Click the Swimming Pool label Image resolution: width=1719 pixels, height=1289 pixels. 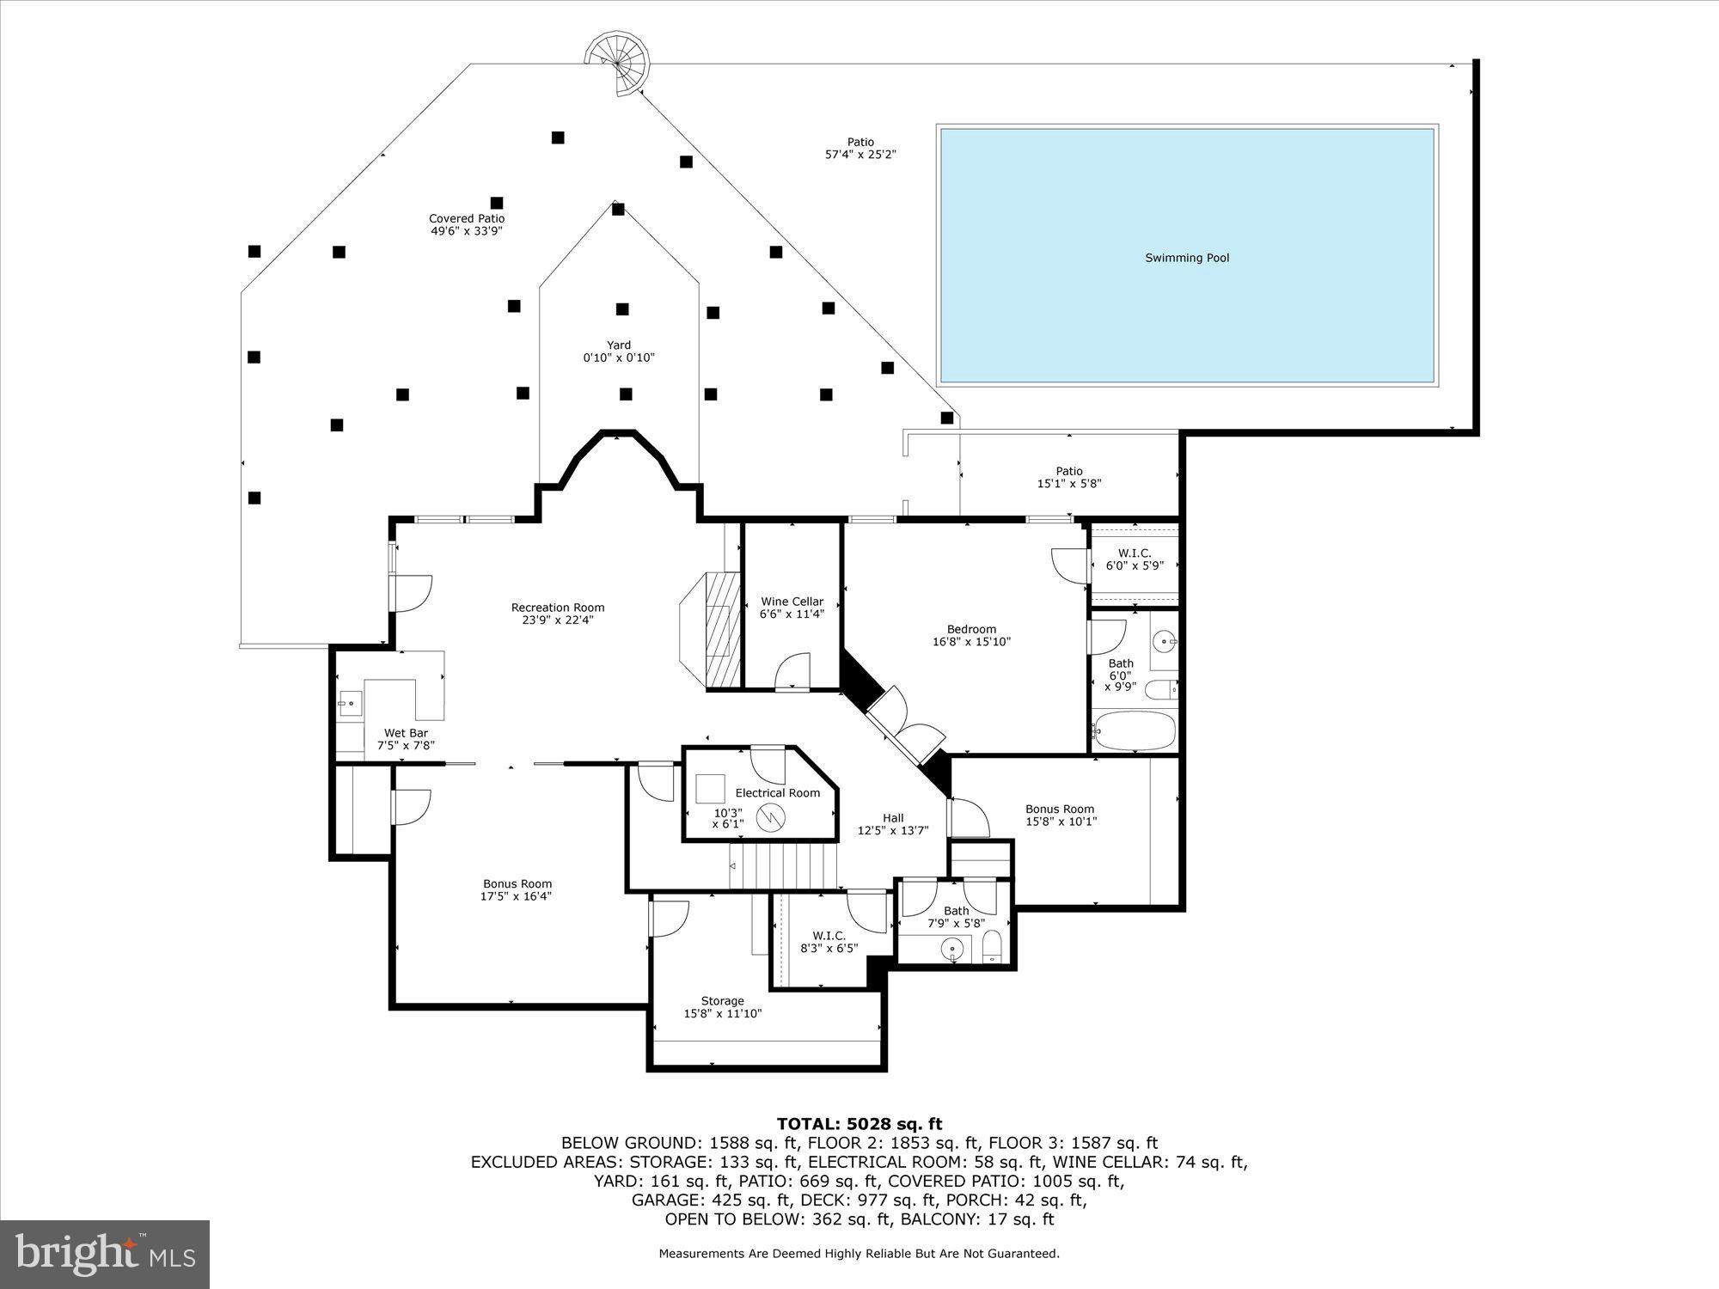(x=1186, y=258)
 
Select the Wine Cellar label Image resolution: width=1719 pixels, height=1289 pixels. (x=792, y=602)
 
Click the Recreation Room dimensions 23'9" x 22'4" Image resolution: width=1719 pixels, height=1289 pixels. (x=558, y=620)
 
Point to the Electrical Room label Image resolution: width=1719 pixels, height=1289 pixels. (x=777, y=792)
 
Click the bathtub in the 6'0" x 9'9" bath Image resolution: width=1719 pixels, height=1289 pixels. (x=1133, y=730)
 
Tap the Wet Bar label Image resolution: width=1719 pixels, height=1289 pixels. (x=406, y=733)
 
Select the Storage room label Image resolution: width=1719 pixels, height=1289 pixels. (x=722, y=1001)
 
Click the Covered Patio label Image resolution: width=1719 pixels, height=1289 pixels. (x=467, y=219)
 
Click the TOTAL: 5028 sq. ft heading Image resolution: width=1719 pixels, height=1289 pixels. (x=859, y=1123)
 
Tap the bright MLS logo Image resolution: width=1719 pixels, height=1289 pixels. (x=105, y=1254)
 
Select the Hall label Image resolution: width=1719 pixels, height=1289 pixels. (x=893, y=818)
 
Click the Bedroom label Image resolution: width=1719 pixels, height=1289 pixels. (x=971, y=629)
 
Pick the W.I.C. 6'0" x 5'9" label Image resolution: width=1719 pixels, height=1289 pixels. (x=1134, y=559)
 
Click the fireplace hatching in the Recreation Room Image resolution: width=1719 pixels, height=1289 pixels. (x=722, y=627)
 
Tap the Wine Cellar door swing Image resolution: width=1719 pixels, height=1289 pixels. (x=793, y=671)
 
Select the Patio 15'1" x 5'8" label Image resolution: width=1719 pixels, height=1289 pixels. (x=1069, y=477)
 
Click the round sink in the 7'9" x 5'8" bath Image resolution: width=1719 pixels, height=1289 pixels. (x=951, y=950)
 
